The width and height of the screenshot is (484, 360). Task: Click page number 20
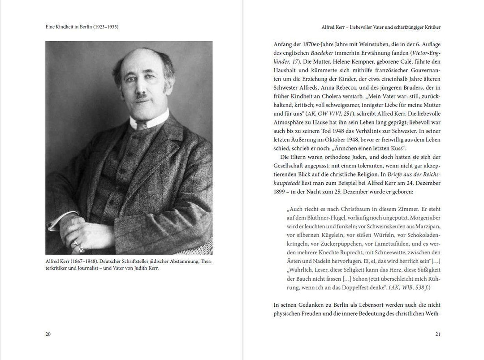(x=48, y=334)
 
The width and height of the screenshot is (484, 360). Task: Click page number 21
(x=438, y=334)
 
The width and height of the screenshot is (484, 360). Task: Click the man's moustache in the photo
(x=143, y=95)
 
